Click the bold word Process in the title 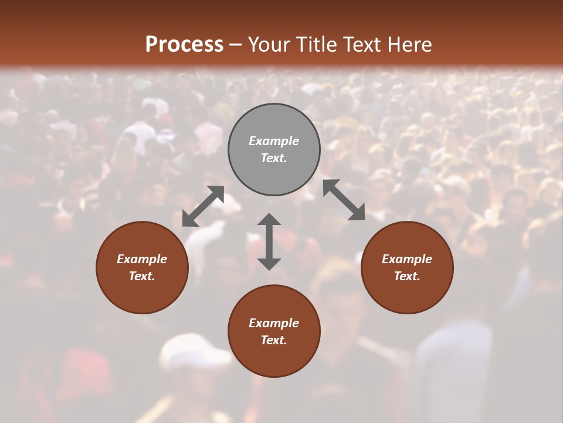(184, 45)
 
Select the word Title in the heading (318, 45)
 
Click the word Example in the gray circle (274, 141)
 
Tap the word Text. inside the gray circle (274, 158)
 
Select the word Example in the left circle (142, 259)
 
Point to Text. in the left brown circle (142, 276)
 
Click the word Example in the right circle (407, 259)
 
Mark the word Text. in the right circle (407, 276)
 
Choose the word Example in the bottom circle (274, 323)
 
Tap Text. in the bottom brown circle (274, 340)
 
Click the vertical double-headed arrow (269, 241)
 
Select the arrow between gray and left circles (203, 206)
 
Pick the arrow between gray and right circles (344, 200)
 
